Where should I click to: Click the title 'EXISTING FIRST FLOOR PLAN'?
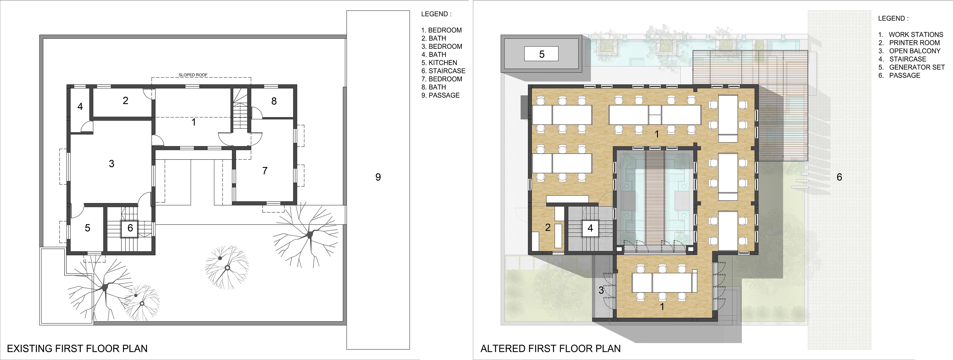click(x=77, y=349)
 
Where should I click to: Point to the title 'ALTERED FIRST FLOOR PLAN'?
click(x=551, y=349)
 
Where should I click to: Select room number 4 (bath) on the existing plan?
click(x=80, y=106)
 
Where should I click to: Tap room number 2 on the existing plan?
click(x=125, y=100)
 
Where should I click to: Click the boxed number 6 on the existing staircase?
click(x=130, y=228)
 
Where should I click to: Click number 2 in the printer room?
click(x=548, y=228)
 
